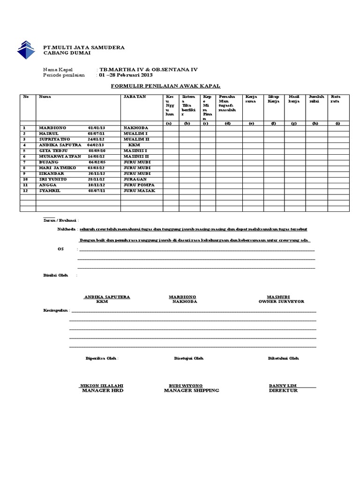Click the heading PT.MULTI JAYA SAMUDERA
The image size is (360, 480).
click(84, 47)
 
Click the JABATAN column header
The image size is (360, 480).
click(135, 97)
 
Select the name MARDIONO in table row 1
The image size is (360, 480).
click(52, 127)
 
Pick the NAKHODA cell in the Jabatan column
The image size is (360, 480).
click(135, 127)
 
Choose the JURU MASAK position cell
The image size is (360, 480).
click(139, 191)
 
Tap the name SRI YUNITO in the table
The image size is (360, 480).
click(52, 180)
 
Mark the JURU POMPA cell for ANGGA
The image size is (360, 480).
click(139, 186)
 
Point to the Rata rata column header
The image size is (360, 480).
click(336, 99)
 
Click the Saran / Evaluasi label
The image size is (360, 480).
click(61, 219)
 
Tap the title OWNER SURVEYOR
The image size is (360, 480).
click(281, 302)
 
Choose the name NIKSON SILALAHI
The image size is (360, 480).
click(102, 386)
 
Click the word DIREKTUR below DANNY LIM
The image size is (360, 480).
click(283, 390)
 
